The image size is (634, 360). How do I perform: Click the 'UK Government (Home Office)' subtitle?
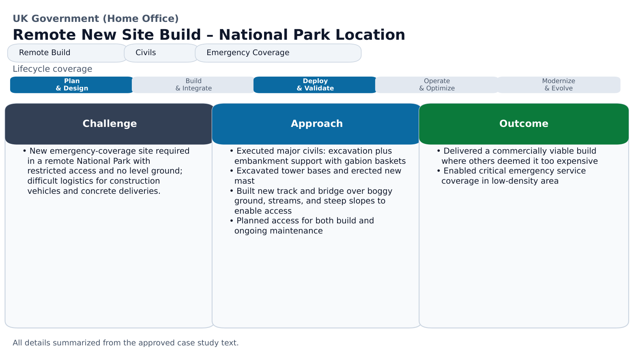pyautogui.click(x=95, y=19)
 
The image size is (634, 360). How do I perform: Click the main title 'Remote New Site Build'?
pyautogui.click(x=208, y=35)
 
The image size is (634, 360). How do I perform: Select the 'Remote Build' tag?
pyautogui.click(x=67, y=53)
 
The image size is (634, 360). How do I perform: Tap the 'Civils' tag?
pyautogui.click(x=161, y=53)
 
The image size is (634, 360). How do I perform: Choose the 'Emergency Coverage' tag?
pyautogui.click(x=278, y=53)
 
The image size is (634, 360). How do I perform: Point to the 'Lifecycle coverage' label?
pyautogui.click(x=52, y=69)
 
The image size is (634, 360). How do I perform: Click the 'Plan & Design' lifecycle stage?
pyautogui.click(x=72, y=85)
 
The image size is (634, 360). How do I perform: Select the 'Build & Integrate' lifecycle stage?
pyautogui.click(x=193, y=85)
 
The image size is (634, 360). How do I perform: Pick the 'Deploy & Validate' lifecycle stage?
pyautogui.click(x=315, y=85)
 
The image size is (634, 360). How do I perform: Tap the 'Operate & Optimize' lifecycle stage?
pyautogui.click(x=437, y=85)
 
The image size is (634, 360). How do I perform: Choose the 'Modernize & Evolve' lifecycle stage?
pyautogui.click(x=559, y=85)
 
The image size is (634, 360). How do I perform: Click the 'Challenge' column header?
pyautogui.click(x=110, y=124)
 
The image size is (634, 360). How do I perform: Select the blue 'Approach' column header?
pyautogui.click(x=316, y=124)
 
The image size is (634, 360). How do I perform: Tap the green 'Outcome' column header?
pyautogui.click(x=524, y=124)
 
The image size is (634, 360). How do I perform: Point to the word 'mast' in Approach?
pyautogui.click(x=244, y=181)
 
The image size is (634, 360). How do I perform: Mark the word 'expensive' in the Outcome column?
pyautogui.click(x=577, y=161)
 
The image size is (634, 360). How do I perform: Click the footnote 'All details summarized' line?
pyautogui.click(x=125, y=343)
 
